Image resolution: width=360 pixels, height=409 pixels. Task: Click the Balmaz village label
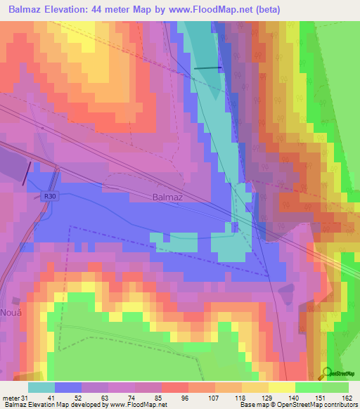coord(167,197)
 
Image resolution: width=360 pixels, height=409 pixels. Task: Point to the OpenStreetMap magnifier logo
coord(327,373)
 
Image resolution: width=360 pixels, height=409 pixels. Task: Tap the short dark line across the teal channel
coord(207,67)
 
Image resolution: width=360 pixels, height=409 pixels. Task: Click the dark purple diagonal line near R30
coord(27,173)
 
